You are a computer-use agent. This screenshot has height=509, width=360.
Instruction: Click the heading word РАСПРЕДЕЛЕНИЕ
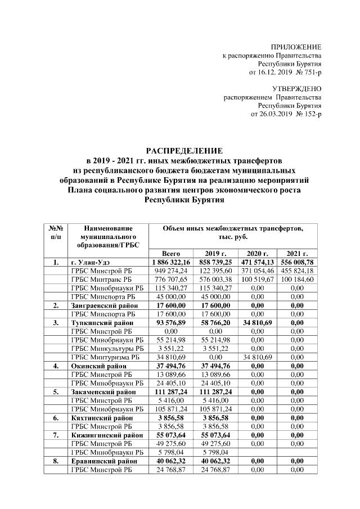pos(184,151)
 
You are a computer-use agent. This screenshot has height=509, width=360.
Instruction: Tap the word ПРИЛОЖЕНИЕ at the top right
pos(296,47)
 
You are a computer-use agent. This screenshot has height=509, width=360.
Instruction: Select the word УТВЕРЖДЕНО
pos(296,89)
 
